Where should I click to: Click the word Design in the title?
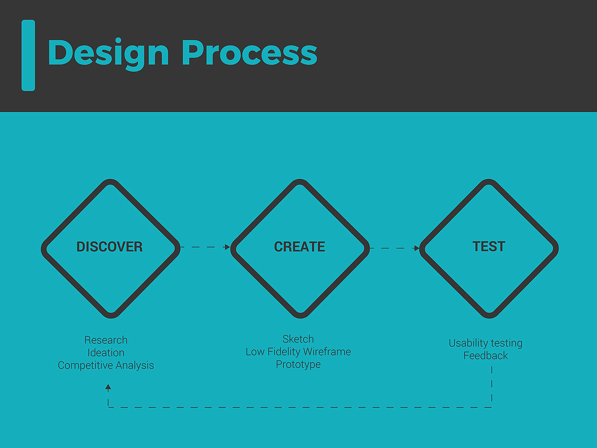108,54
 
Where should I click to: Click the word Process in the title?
249,52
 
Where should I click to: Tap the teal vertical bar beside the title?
28,55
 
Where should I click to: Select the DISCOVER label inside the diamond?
110,247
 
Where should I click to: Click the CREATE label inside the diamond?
299,247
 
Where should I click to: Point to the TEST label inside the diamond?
489,247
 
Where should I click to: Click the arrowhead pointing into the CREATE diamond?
227,247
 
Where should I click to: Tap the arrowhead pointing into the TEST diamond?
416,248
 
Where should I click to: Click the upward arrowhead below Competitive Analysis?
108,387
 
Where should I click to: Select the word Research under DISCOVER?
106,340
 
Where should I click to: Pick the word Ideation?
106,353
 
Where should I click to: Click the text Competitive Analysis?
106,365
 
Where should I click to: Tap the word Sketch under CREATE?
298,339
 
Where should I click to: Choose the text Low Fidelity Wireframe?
298,352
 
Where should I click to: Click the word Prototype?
298,364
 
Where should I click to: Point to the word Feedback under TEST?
485,355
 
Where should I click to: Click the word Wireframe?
327,352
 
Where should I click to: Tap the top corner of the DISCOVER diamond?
110,179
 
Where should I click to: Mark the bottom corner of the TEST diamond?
489,318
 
